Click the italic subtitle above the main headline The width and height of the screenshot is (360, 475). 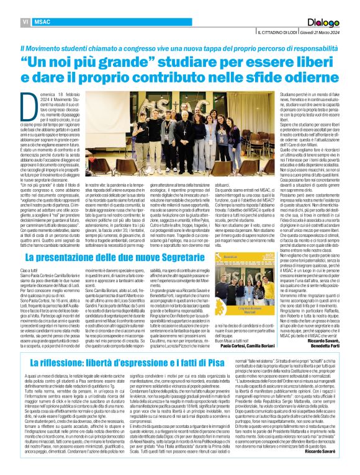pos(179,42)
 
